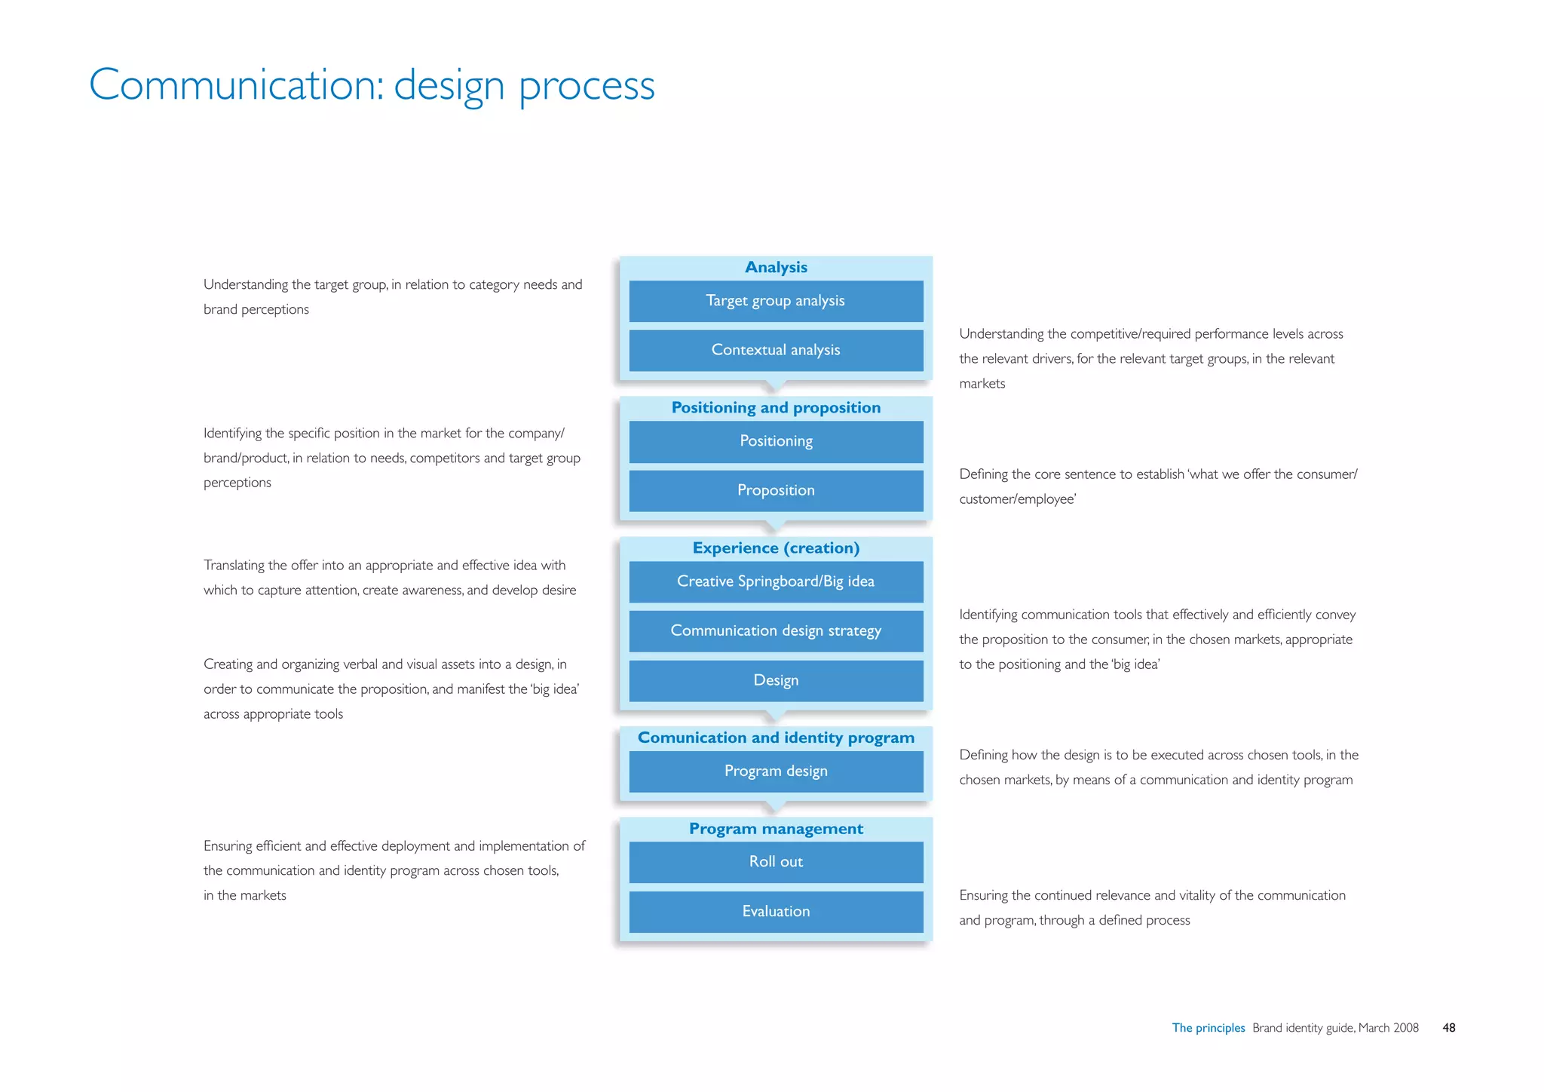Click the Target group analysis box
[776, 301]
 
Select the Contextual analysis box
[776, 350]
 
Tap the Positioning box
[776, 441]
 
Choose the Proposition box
[776, 490]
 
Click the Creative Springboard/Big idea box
[776, 581]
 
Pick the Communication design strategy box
[776, 630]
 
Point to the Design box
[776, 680]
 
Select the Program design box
[776, 771]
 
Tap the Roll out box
[776, 861]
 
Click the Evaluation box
[776, 911]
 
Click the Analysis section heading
[776, 268]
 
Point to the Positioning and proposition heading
[776, 408]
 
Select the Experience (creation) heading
[776, 548]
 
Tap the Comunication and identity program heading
[776, 738]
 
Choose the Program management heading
[776, 829]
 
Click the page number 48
[1448, 1028]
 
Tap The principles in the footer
[1208, 1028]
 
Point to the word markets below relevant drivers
[982, 384]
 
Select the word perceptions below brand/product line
[237, 483]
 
